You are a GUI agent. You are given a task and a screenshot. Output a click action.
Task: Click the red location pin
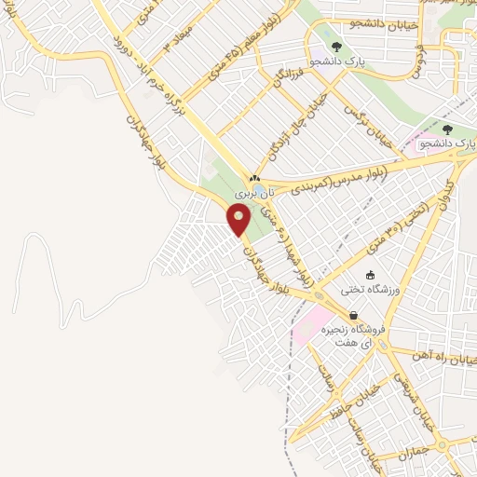point(239,219)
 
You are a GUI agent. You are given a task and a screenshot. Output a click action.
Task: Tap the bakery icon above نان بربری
point(253,177)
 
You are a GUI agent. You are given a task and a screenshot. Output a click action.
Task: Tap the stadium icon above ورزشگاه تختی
point(371,275)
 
